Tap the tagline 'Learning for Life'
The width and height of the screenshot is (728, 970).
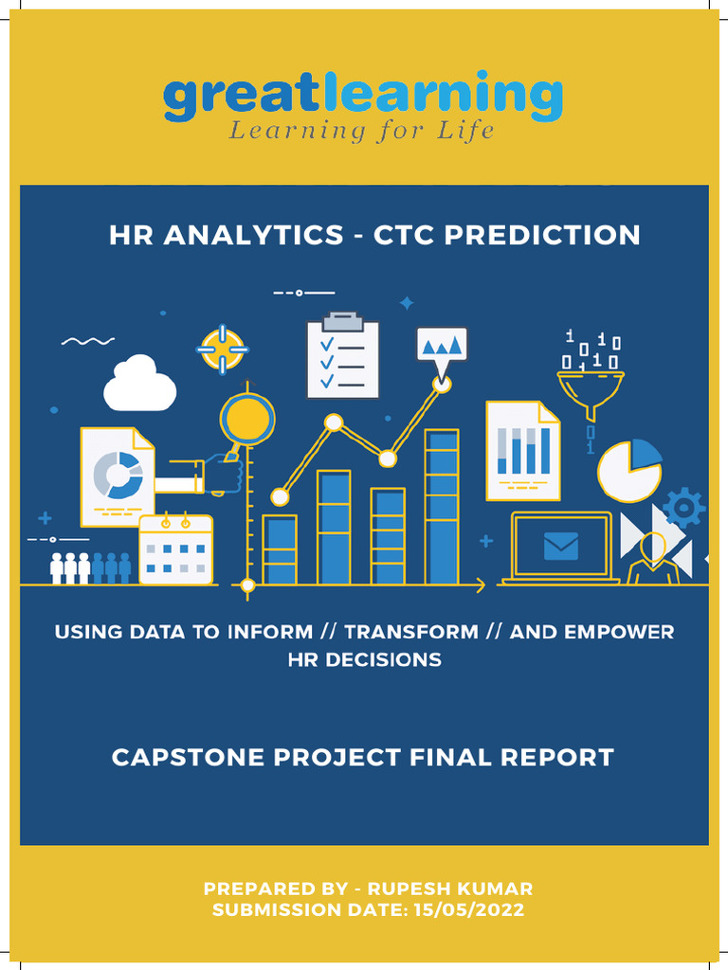[361, 131]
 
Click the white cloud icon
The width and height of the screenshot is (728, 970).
[139, 385]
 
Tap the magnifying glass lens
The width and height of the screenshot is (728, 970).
[247, 419]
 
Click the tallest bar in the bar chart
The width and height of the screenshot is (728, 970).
[442, 507]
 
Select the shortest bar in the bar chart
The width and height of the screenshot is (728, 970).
[280, 549]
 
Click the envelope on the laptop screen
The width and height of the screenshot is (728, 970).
[561, 546]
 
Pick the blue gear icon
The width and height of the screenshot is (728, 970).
[683, 508]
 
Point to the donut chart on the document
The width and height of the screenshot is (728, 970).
[118, 475]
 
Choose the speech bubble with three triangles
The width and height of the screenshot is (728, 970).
[442, 344]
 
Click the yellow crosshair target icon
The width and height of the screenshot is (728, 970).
[223, 350]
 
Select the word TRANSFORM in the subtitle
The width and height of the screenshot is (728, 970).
[411, 632]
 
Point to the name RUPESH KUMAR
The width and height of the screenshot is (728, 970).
[450, 889]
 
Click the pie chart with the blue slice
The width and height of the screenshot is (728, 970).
[629, 471]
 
